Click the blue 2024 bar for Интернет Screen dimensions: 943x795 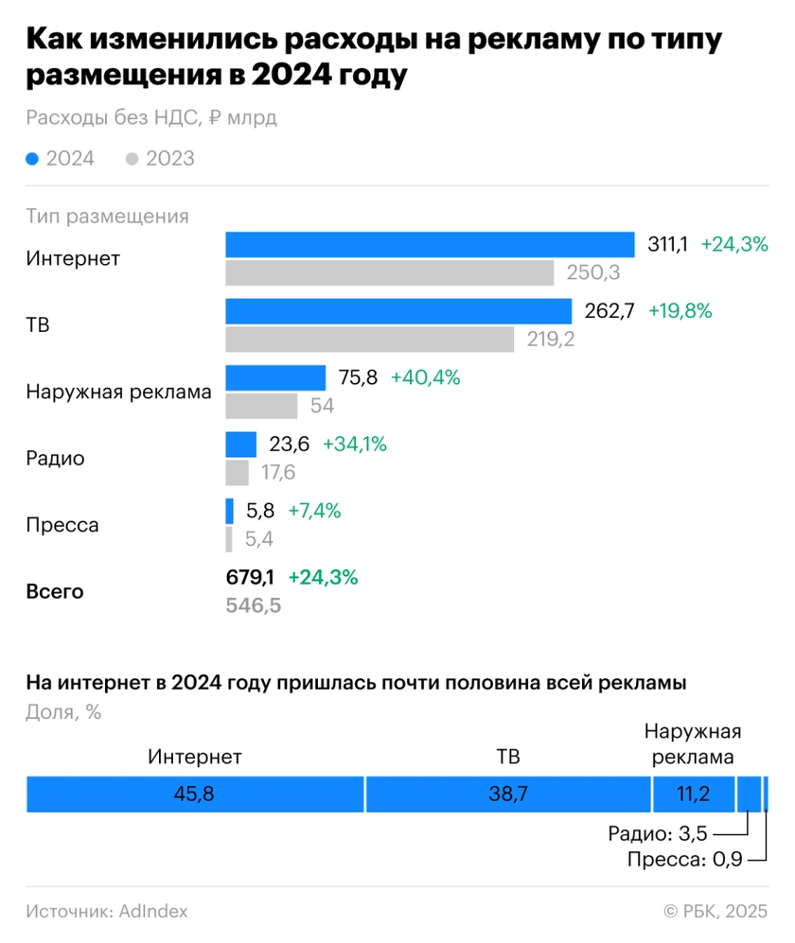pos(429,244)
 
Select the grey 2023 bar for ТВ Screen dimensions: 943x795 pos(369,340)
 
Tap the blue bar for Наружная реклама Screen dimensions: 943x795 pos(274,378)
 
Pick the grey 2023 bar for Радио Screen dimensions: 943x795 pos(237,473)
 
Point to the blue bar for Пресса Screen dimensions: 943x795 pos(229,511)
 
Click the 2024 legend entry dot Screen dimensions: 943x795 pos(33,159)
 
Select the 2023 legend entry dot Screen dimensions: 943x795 pos(132,159)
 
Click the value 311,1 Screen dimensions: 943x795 pos(667,244)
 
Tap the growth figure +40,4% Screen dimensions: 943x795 pos(426,378)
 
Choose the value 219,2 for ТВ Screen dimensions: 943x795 pos(551,340)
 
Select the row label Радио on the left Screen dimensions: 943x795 pos(56,459)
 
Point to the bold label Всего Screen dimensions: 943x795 pos(55,592)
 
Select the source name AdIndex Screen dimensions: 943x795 pos(153,912)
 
